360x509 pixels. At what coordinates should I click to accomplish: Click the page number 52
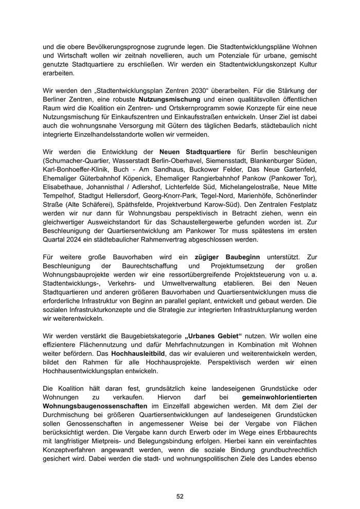180,496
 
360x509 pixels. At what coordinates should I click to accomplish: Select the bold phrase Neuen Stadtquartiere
195,152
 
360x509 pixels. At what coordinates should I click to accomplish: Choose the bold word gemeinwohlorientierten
279,397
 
